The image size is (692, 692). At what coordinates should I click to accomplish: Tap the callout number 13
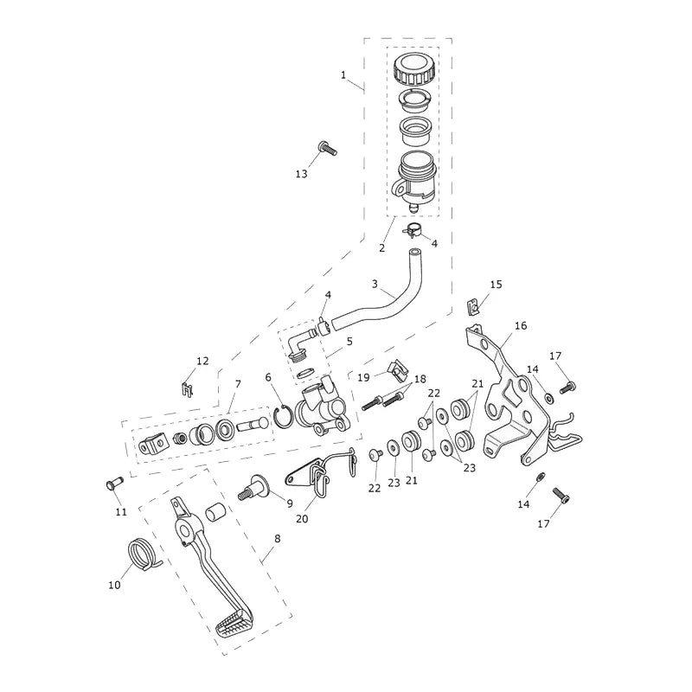301,175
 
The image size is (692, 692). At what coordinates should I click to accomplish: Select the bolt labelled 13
327,148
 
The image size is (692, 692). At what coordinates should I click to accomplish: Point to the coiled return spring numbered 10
142,554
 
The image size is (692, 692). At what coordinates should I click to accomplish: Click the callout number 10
114,586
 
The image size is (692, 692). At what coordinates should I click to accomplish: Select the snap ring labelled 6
283,418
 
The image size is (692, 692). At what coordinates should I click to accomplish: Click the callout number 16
521,326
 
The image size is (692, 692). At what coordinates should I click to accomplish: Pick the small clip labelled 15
472,307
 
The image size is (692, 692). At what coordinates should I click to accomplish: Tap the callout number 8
277,539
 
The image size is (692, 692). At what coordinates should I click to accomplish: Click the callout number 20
302,519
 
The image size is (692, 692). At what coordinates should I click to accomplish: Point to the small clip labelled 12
188,389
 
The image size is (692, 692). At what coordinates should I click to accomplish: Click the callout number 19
363,377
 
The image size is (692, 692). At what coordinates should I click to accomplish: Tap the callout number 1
343,75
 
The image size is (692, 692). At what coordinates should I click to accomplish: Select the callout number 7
238,384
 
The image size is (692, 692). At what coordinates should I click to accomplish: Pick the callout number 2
382,248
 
